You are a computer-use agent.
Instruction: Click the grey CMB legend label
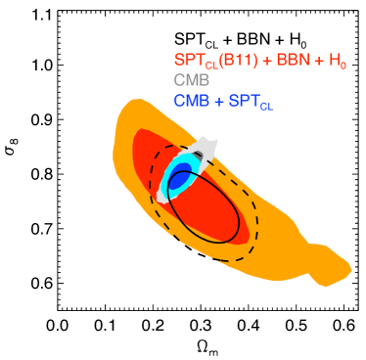click(x=191, y=80)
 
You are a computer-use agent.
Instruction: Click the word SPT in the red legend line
click(x=187, y=61)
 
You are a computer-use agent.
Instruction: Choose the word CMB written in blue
click(x=191, y=100)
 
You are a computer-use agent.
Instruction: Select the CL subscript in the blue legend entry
click(x=266, y=105)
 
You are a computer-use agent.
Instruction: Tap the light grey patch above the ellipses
click(x=205, y=149)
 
